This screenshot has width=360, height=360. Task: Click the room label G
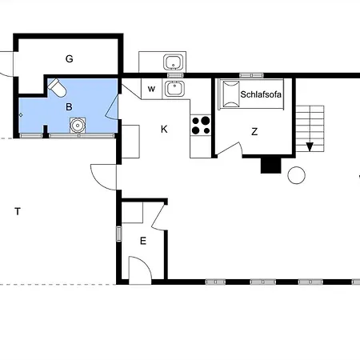70,58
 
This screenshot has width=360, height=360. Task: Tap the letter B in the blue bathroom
69,107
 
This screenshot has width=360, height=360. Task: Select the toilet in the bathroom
57,87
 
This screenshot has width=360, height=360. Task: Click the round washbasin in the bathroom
78,126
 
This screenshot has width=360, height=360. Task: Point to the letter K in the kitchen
164,129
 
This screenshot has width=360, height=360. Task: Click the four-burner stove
201,126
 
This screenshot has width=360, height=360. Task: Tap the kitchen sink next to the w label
174,89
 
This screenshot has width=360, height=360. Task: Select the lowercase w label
151,89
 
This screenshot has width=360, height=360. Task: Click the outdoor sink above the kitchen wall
174,62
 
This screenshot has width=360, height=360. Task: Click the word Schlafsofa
261,94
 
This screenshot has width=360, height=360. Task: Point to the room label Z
254,131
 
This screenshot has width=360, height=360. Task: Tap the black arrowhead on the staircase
310,147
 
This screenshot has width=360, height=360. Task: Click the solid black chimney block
270,166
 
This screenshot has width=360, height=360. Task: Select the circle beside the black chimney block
297,175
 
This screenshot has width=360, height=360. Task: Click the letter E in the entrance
143,241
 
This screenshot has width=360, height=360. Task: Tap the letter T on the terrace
18,211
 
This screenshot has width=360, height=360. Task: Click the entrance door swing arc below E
146,262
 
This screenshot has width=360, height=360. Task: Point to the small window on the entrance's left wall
119,234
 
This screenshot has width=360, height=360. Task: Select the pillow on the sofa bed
230,94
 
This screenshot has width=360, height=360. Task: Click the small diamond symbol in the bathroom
21,115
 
